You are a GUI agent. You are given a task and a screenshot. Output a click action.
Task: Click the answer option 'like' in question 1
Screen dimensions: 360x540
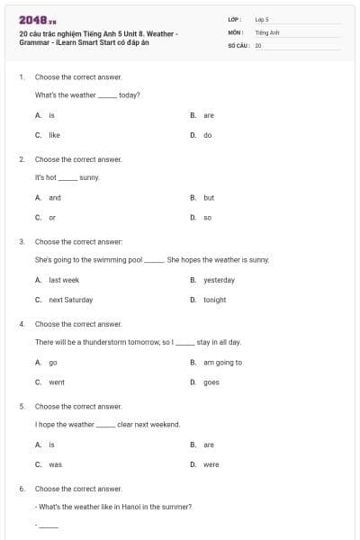click(54, 135)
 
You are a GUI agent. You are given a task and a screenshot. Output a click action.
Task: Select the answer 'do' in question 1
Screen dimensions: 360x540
click(207, 135)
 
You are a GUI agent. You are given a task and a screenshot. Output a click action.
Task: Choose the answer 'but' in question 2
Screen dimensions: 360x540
click(209, 197)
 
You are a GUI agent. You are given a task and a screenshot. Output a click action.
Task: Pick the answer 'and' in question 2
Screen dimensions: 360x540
click(55, 197)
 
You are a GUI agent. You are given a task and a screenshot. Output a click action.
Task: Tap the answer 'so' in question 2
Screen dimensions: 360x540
click(207, 217)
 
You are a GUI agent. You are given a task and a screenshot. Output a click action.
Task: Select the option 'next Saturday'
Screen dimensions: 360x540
click(70, 300)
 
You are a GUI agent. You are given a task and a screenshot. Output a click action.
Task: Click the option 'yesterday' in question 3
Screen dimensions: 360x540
click(219, 280)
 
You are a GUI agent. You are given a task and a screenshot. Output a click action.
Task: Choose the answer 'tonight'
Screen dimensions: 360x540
click(214, 300)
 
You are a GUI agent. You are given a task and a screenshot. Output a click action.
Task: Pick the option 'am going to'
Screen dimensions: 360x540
click(222, 363)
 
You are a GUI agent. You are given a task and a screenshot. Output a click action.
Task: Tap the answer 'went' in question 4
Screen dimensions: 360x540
click(57, 382)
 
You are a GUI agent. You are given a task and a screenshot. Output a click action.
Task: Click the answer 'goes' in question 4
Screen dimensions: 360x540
click(211, 382)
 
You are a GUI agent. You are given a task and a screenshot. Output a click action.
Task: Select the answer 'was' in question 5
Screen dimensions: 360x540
click(55, 464)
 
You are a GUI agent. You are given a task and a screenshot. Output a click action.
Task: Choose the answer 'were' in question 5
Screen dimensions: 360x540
click(211, 464)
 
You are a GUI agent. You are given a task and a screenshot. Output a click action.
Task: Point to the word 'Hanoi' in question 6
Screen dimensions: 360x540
click(133, 506)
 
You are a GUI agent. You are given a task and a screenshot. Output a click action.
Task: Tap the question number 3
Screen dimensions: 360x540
click(22, 241)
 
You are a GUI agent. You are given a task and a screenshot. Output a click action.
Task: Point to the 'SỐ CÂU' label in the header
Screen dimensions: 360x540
click(238, 44)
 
